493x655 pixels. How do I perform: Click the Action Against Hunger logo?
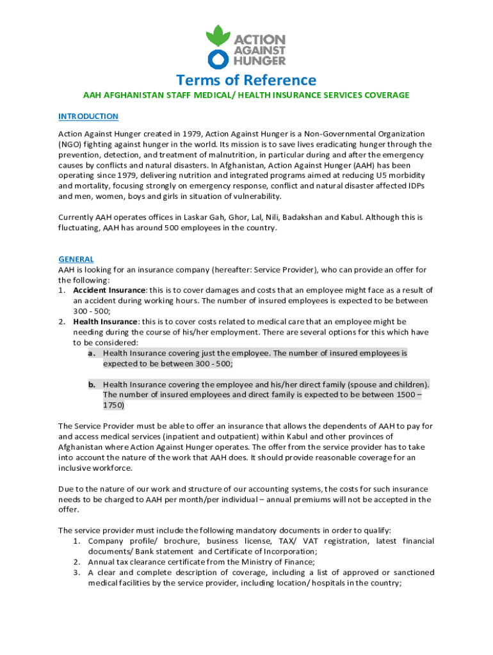click(x=246, y=46)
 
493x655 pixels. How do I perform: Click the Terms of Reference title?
click(x=247, y=80)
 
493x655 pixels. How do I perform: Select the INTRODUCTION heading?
click(x=88, y=116)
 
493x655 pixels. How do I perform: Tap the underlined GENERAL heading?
click(x=76, y=259)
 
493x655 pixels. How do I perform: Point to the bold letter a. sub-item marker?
click(x=92, y=353)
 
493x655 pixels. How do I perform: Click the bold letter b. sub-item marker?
click(x=92, y=384)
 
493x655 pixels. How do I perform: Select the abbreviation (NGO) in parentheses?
click(x=71, y=145)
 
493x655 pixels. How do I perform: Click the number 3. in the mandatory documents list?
click(x=76, y=572)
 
